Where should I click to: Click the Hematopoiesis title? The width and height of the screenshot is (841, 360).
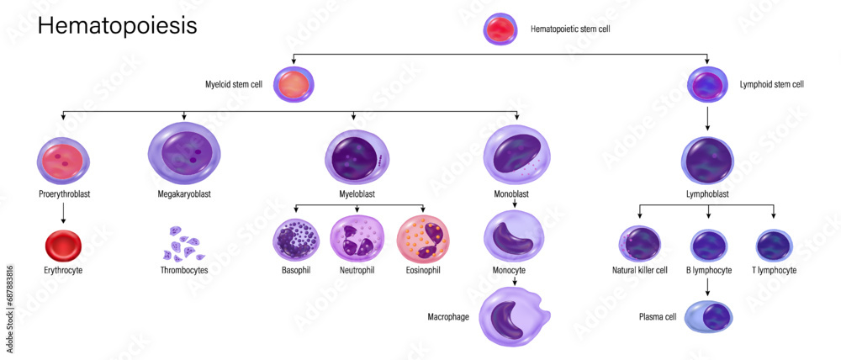[117, 26]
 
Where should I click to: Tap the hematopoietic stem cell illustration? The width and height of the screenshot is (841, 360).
[502, 29]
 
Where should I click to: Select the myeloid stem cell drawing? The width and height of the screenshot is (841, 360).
[293, 86]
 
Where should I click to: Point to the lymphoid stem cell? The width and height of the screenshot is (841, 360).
[707, 85]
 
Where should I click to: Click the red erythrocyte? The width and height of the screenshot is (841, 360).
[62, 246]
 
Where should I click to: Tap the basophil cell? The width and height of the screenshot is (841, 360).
[296, 240]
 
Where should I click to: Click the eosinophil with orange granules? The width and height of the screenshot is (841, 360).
[421, 240]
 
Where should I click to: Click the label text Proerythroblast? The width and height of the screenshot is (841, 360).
[63, 193]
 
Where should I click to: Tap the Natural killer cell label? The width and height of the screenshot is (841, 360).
[640, 270]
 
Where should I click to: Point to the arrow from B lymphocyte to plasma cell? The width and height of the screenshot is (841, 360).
[708, 286]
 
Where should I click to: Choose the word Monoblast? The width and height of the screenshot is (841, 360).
[510, 193]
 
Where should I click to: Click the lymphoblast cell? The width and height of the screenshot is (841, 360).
[707, 160]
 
